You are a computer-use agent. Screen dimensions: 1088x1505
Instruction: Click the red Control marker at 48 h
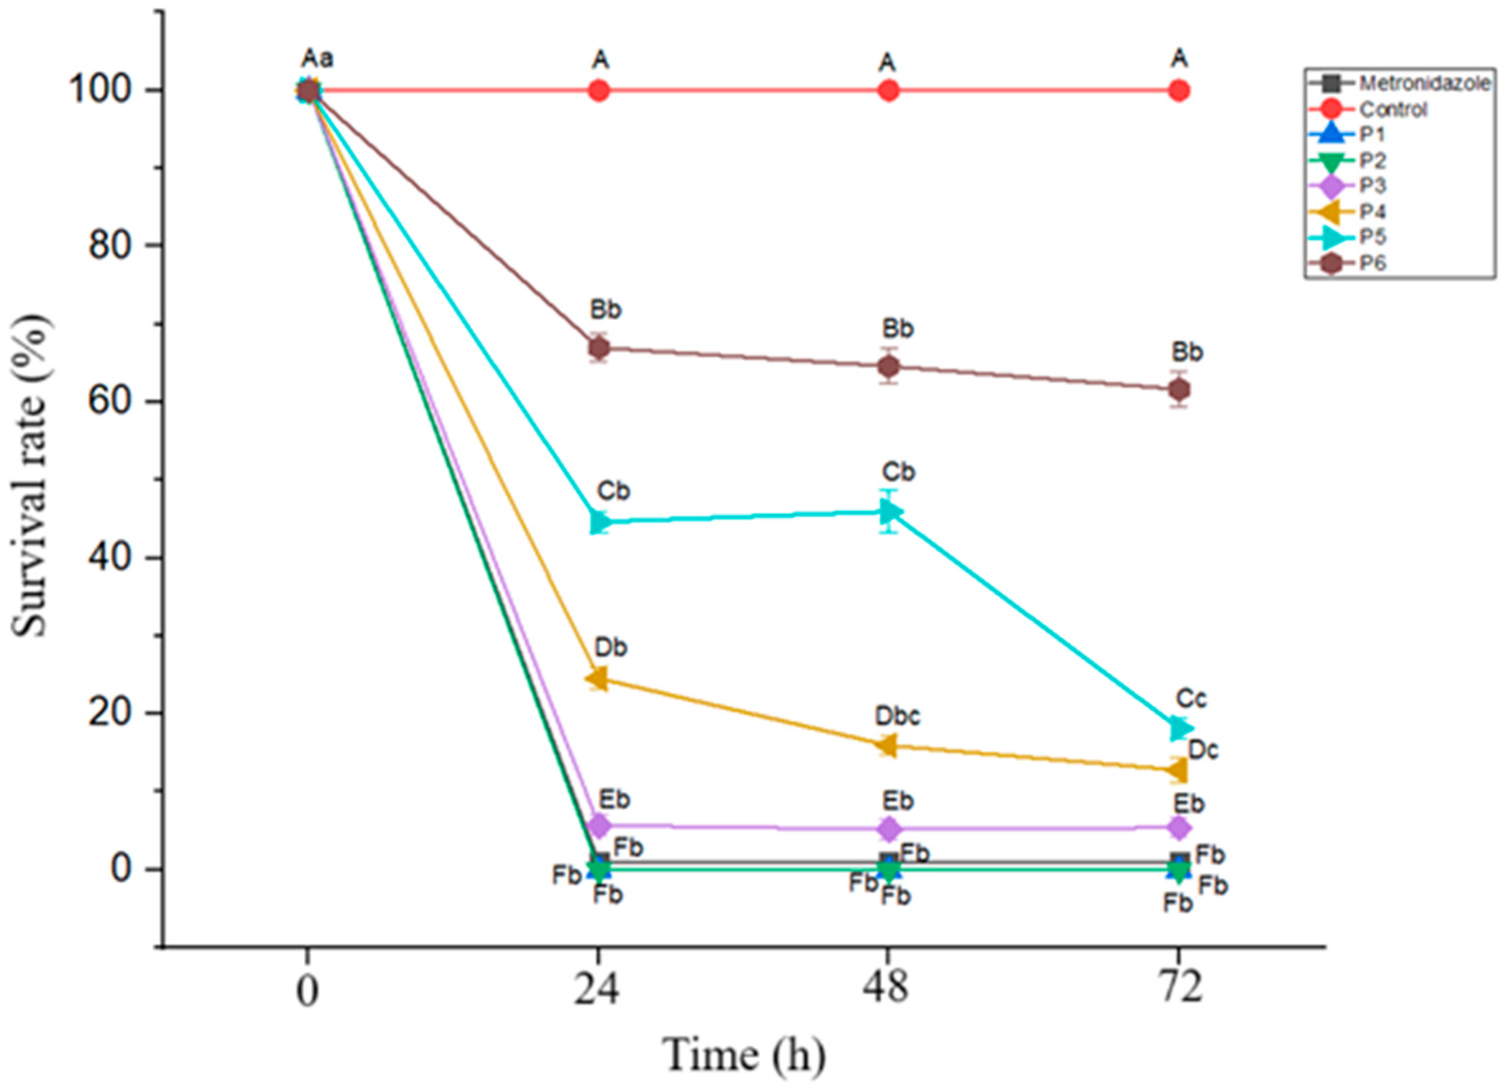pos(888,90)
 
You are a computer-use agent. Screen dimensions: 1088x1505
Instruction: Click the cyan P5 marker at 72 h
pos(1179,729)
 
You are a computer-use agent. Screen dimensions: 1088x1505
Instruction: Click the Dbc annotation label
pos(897,716)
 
